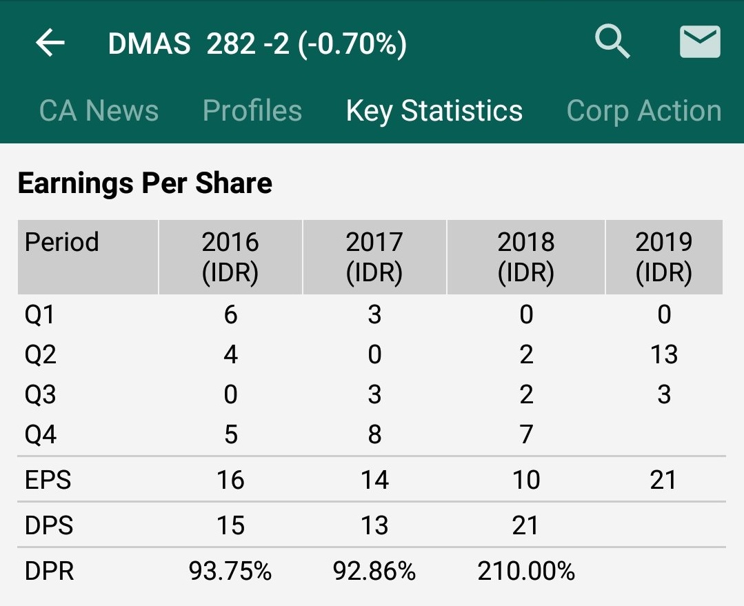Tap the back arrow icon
50,43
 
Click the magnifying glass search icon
612,42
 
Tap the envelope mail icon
700,42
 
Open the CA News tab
99,111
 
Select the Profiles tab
252,111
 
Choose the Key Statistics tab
434,111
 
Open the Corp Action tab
644,111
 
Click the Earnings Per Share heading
145,183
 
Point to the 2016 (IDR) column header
230,257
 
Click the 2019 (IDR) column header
663,257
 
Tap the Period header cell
62,243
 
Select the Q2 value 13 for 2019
663,355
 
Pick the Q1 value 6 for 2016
230,315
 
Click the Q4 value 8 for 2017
374,435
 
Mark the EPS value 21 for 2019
663,480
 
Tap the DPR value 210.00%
526,571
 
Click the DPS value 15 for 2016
230,526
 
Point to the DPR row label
49,571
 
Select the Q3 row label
41,395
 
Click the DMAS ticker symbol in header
149,44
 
